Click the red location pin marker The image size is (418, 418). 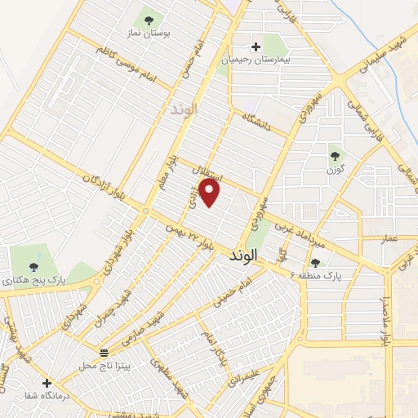pos(211,193)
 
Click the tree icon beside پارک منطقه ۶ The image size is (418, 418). pos(315,262)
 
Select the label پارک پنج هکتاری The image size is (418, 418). pos(33,280)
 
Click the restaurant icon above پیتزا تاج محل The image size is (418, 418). pos(104,353)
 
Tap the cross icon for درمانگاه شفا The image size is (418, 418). pos(47,382)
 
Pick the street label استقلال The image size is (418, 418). pos(201,174)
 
